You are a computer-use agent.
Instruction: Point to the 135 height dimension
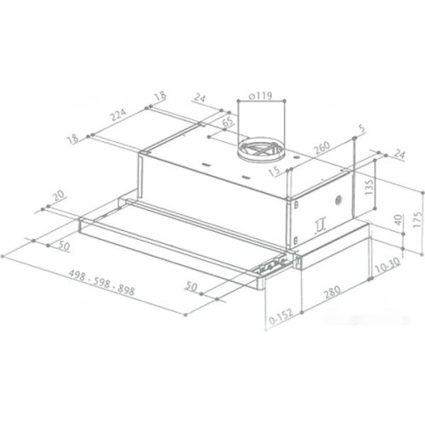(369, 187)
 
